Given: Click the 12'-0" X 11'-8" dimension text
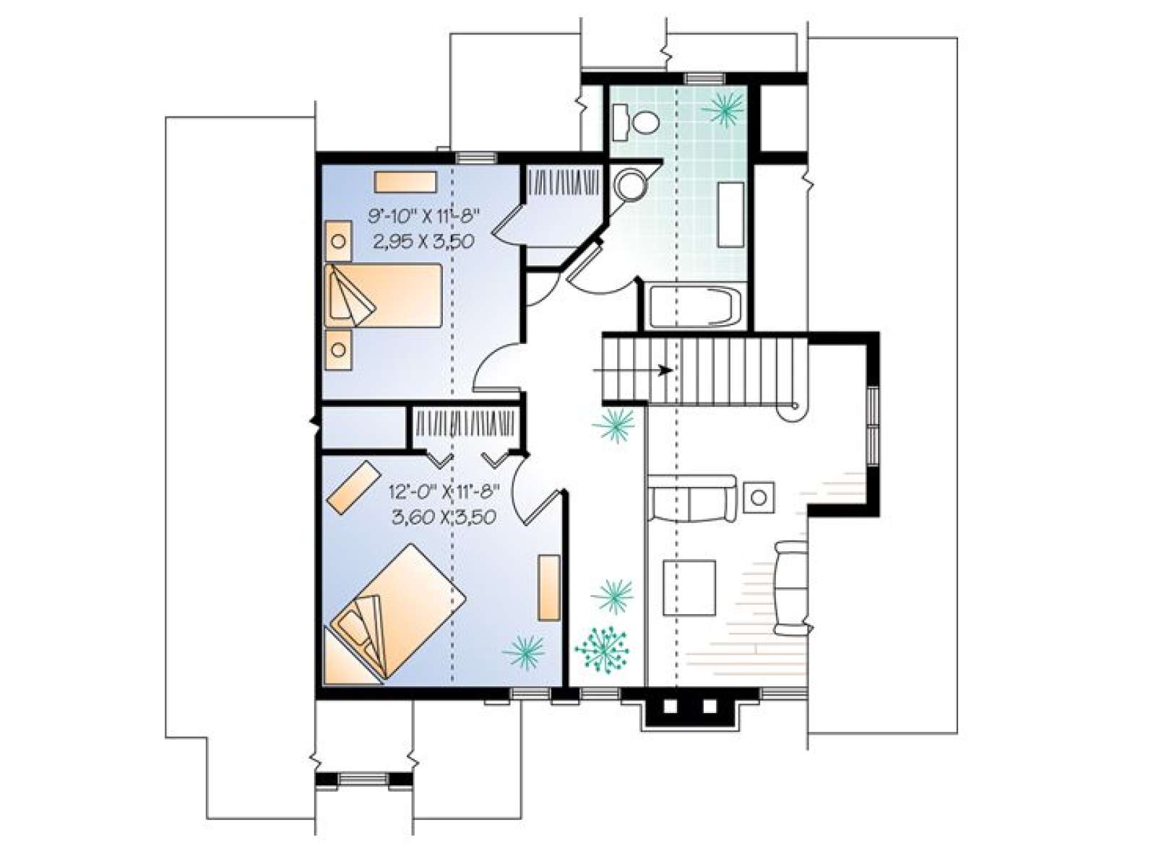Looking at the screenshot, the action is pos(444,491).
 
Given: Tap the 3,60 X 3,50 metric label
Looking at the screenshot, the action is pos(444,517).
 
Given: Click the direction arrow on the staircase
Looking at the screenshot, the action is pos(632,370).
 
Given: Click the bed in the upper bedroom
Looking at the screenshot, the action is pos(383,296).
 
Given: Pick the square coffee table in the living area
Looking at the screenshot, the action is pos(689,587).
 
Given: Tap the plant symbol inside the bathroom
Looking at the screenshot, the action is pos(724,110).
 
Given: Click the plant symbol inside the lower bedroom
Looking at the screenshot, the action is pos(524,652).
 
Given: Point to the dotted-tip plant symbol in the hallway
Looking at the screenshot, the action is pos(601,649).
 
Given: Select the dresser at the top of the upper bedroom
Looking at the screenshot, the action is pos(405,182).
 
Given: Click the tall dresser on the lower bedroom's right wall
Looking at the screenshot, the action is pos(549,587).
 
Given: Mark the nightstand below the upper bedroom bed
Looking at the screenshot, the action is pos(338,350).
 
